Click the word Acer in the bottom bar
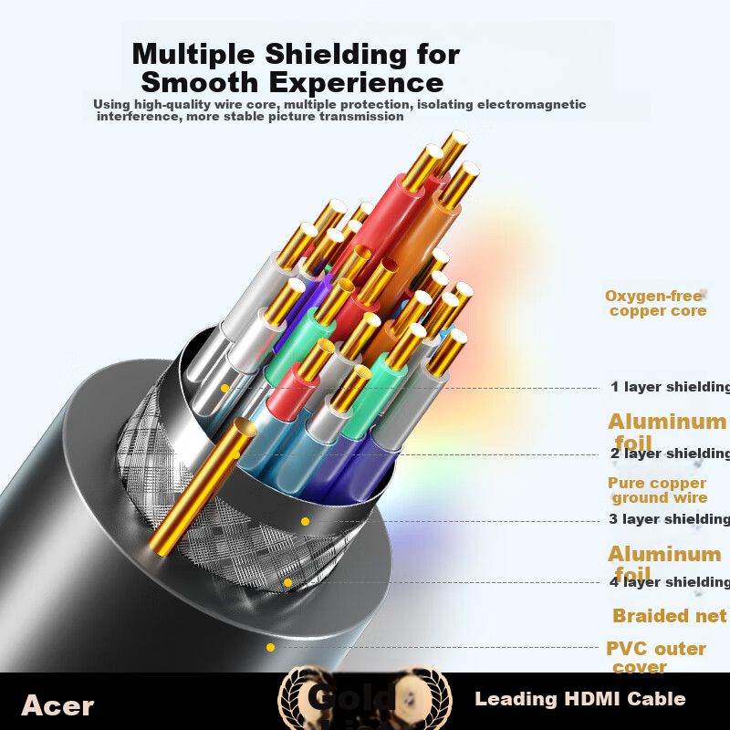[57, 705]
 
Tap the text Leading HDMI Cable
[579, 700]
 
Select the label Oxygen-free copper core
[656, 303]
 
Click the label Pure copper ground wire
[658, 490]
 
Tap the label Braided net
[669, 616]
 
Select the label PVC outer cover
[656, 657]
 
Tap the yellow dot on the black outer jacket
[270, 647]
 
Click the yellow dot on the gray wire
[224, 388]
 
